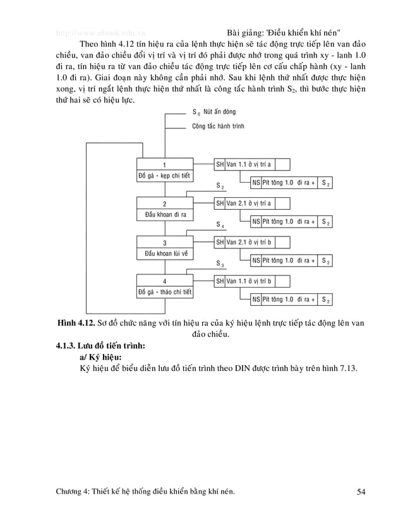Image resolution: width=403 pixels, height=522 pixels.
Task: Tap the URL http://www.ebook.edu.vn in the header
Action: point(100,32)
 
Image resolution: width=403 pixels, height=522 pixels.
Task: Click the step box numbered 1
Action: point(165,164)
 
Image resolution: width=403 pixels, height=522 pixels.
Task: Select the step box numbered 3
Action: point(165,243)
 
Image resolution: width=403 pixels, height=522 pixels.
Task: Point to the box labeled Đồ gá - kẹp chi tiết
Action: point(165,175)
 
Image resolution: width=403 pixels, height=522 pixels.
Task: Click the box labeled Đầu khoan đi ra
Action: point(165,214)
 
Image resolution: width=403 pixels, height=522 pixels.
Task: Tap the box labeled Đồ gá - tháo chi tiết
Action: point(165,292)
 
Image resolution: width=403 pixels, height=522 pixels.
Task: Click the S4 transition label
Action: point(220,225)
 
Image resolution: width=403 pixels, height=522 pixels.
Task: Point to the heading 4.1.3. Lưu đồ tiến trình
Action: point(100,346)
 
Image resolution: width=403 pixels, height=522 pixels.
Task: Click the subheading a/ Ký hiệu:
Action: point(100,358)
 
